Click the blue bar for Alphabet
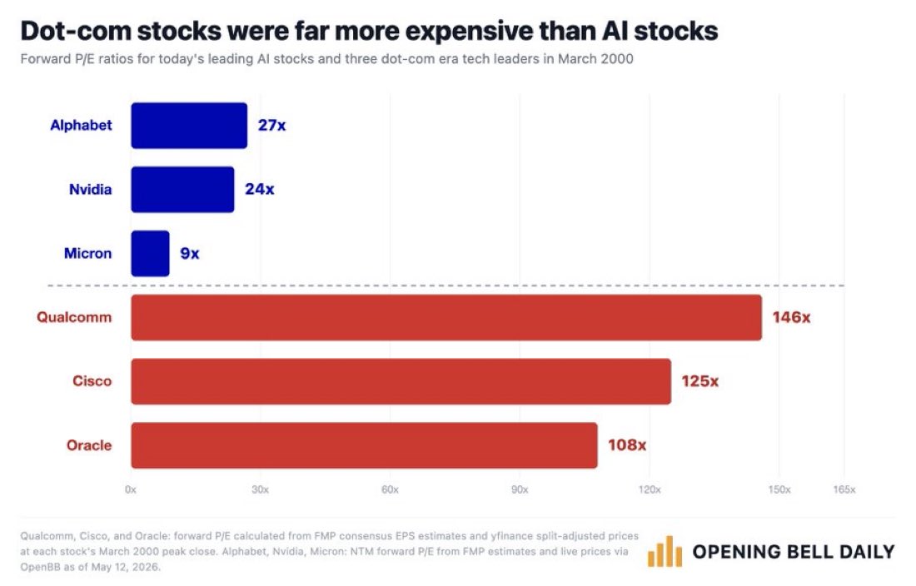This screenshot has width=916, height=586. coord(189,126)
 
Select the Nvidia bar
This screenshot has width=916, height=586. coord(182,189)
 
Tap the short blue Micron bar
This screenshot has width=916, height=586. coord(150,253)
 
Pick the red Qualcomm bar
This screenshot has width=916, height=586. coord(446,317)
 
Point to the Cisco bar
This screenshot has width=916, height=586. coord(401,381)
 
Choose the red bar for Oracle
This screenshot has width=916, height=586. coord(364,445)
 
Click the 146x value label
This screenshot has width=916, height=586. coord(791,317)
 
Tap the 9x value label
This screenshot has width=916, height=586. coord(190,253)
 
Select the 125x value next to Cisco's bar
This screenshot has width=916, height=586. coord(699,381)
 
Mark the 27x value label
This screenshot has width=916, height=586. coord(271,126)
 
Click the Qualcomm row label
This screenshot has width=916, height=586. coord(74,317)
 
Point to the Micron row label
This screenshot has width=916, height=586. coord(87,253)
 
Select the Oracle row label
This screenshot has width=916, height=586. coord(89,445)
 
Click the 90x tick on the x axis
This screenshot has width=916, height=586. coord(520,489)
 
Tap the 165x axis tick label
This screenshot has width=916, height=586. coord(844,489)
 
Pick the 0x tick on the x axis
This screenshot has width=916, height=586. coord(131,489)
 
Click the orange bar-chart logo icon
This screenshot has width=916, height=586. coord(665,552)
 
